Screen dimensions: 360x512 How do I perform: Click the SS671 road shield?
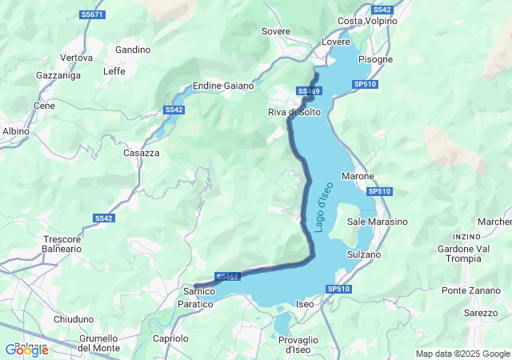[93, 15]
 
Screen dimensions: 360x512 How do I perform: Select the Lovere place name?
[336, 42]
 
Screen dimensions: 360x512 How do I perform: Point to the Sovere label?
[276, 31]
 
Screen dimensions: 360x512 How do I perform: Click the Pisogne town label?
[375, 59]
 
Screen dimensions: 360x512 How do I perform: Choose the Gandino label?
[133, 50]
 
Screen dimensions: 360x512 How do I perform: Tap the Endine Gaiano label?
[224, 86]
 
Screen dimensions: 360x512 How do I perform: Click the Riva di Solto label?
[294, 113]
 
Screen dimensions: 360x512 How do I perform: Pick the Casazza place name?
[141, 153]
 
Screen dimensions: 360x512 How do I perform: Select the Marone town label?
[358, 176]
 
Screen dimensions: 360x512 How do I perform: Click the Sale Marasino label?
[378, 222]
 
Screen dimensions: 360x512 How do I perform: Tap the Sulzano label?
[364, 254]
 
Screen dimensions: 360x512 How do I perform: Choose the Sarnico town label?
[195, 293]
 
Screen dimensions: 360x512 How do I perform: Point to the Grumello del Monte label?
[99, 343]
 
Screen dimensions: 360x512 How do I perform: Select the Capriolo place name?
[170, 338]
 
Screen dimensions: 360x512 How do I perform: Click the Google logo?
[26, 350]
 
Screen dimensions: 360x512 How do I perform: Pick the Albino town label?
[16, 131]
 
